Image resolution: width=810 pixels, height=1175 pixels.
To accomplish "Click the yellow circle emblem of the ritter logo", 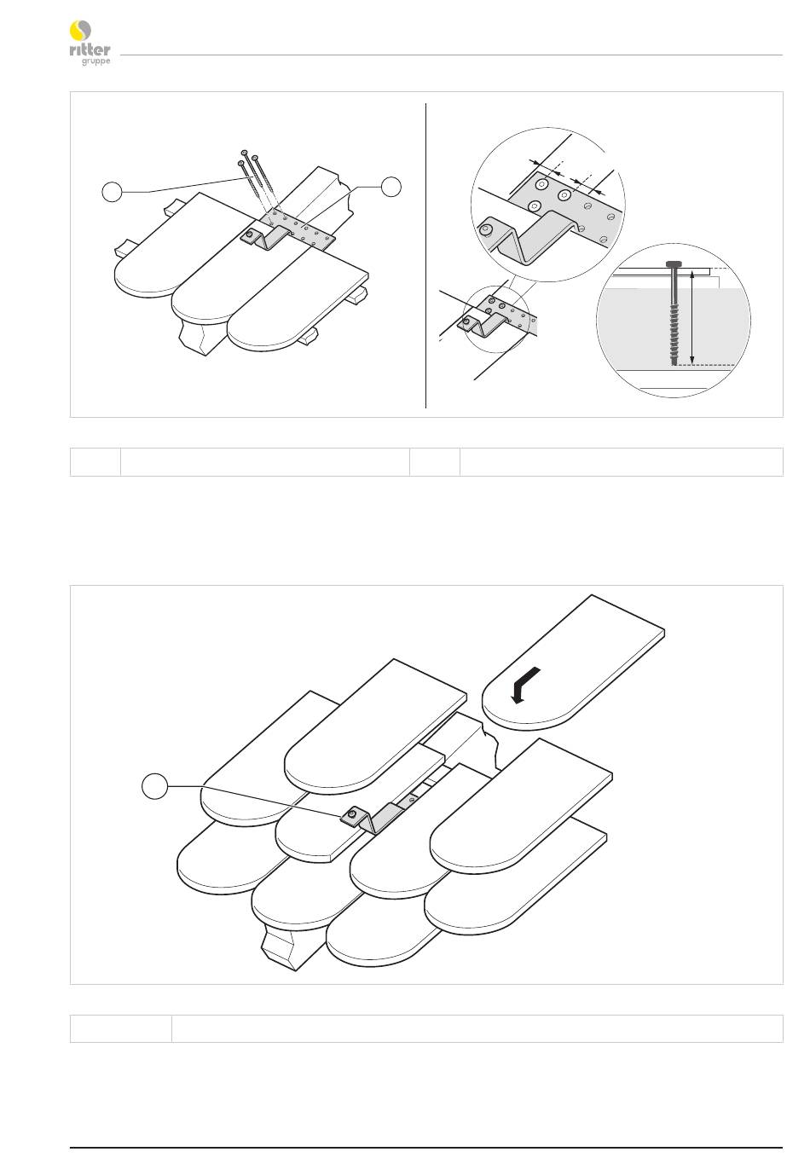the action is coord(80,31).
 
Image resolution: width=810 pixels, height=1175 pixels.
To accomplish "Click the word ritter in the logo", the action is coord(90,49).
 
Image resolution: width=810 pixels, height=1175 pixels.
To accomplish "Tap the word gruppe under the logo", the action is coord(95,61).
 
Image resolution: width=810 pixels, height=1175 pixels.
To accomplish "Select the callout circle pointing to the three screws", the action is coord(112,192).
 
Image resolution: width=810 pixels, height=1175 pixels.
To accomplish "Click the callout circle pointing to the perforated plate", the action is coord(391,186).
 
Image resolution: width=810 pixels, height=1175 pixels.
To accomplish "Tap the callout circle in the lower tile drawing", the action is coord(155,786).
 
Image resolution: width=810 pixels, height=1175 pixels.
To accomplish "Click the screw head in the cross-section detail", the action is coord(672,263).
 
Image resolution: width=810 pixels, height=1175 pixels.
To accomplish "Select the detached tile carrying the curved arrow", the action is coord(573,661).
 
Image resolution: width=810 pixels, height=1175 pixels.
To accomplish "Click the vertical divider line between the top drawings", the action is coord(425,256).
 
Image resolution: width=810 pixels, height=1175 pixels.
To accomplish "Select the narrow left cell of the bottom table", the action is coord(121,1028).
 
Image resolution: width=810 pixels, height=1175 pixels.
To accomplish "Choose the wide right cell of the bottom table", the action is coord(477,1028).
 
